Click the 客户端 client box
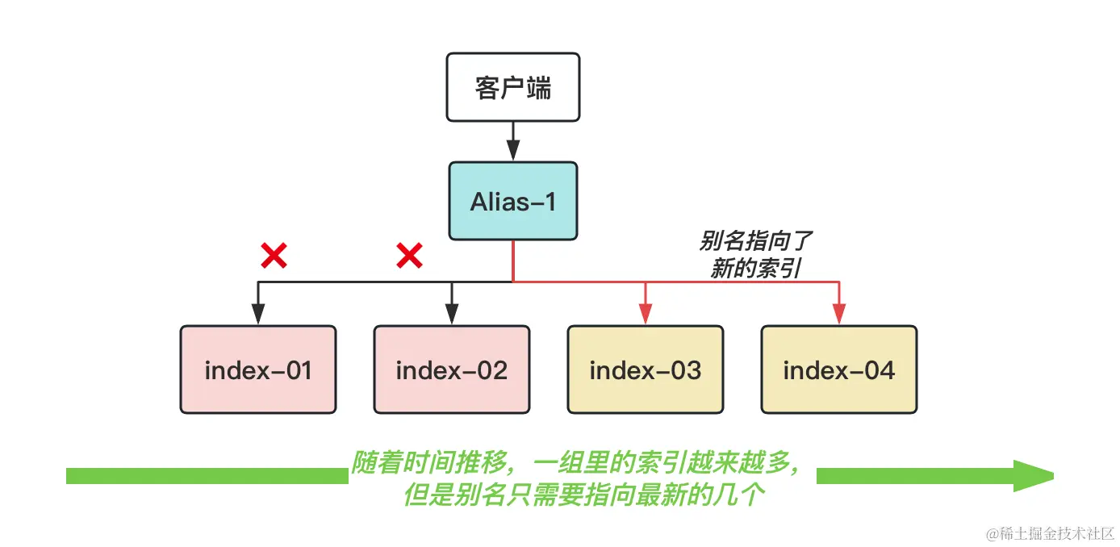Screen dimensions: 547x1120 pos(513,87)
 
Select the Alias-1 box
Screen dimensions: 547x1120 pos(513,201)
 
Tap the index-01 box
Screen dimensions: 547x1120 pos(258,370)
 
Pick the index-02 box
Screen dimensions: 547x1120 pos(452,370)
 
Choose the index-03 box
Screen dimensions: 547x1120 pos(646,370)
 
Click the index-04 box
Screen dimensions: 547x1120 pos(839,370)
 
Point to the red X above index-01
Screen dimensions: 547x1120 pos(274,257)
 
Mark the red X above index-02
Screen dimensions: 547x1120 pos(409,257)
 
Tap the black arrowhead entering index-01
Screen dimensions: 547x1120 pos(258,315)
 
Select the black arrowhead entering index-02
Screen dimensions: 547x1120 pos(452,315)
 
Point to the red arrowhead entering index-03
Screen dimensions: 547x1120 pos(646,315)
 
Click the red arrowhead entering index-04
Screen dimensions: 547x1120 pos(839,315)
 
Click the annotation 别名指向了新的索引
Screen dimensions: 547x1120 pos(756,255)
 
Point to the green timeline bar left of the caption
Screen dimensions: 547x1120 pos(207,476)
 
